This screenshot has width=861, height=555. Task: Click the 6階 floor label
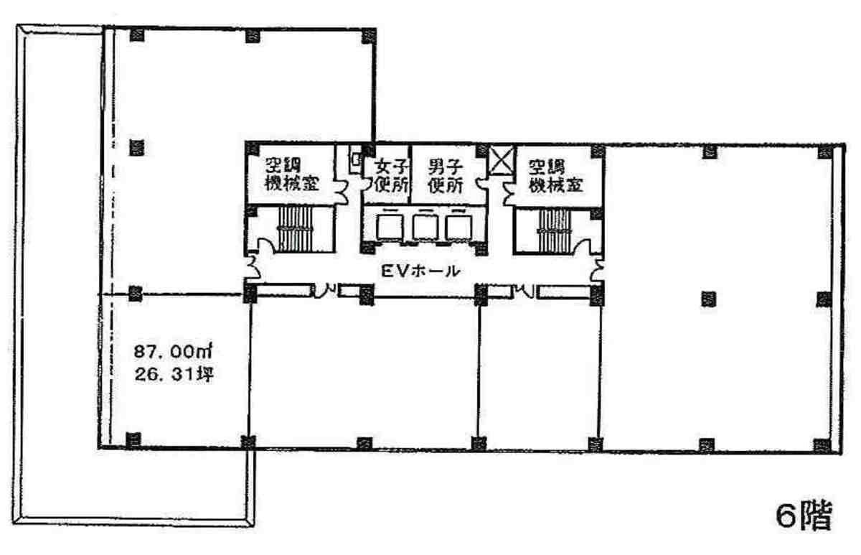pyautogui.click(x=804, y=515)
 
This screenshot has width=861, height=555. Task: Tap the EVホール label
pyautogui.click(x=420, y=271)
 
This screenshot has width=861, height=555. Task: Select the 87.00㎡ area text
pyautogui.click(x=173, y=352)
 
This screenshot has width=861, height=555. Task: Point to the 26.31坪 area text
pyautogui.click(x=174, y=374)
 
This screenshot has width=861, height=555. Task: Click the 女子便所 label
pyautogui.click(x=391, y=176)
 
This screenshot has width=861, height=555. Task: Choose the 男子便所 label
pyautogui.click(x=446, y=176)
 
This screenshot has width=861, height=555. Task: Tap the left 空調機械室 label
pyautogui.click(x=292, y=175)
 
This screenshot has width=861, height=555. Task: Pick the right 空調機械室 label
pyautogui.click(x=556, y=176)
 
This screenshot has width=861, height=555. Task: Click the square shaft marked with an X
pyautogui.click(x=501, y=161)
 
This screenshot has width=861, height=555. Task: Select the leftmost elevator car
pyautogui.click(x=390, y=228)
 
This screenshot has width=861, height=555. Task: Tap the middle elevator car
pyautogui.click(x=425, y=228)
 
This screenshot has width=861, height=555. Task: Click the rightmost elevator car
pyautogui.click(x=458, y=228)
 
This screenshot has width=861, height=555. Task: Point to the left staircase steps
pyautogui.click(x=296, y=229)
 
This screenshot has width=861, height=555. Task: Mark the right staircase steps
pyautogui.click(x=554, y=230)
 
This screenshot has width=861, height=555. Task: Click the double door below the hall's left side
pyautogui.click(x=326, y=291)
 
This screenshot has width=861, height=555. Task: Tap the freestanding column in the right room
pyautogui.click(x=709, y=299)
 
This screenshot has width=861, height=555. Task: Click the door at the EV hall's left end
pyautogui.click(x=253, y=266)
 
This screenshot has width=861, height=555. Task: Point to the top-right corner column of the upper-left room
pyautogui.click(x=369, y=36)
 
